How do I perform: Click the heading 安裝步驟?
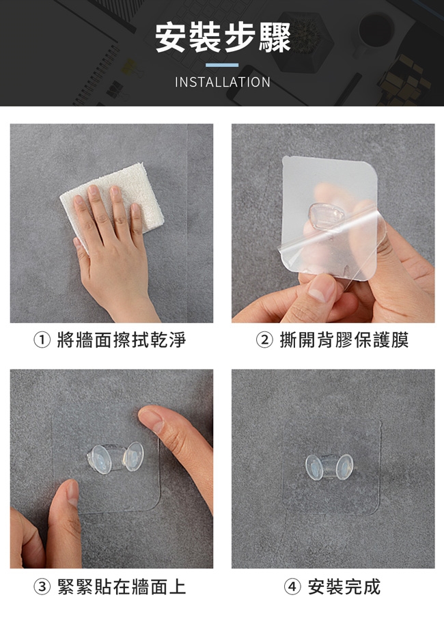[223, 38]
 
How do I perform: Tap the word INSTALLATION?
[223, 82]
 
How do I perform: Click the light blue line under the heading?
[222, 65]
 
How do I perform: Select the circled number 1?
[42, 340]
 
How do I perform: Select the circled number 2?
[264, 340]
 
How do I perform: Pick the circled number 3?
[42, 587]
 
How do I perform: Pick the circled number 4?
[292, 587]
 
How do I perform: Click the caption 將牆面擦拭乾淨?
[121, 340]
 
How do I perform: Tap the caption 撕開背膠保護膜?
[344, 340]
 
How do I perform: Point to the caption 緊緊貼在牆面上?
[121, 587]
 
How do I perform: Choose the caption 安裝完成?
[344, 587]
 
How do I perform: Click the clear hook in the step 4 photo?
[329, 467]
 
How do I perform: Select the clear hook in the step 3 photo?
[115, 458]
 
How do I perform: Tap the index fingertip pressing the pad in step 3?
[152, 419]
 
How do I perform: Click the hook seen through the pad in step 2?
[326, 217]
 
